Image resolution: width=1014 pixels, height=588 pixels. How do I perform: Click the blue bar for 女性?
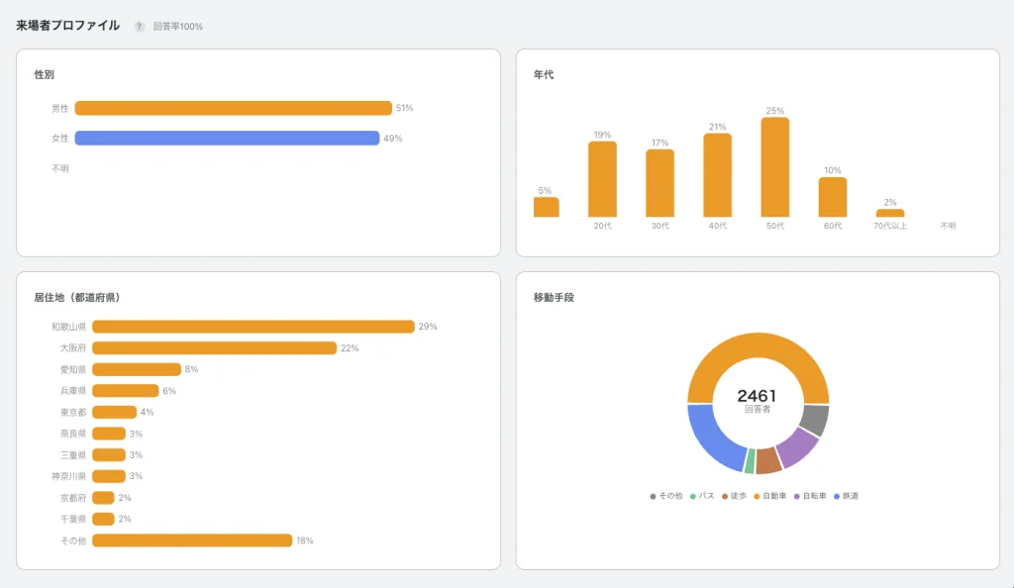tap(227, 139)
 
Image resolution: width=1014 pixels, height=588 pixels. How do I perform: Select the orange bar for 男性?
tap(234, 108)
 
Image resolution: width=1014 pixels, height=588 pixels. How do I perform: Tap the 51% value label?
tap(404, 108)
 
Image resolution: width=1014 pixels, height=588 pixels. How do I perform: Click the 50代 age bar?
tap(774, 167)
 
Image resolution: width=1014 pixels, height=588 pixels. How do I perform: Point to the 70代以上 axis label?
tap(890, 226)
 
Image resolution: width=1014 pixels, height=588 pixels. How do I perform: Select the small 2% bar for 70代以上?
tap(890, 213)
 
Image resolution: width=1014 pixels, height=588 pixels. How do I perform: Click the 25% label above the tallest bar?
tap(774, 111)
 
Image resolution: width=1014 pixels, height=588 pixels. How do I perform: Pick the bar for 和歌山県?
tap(253, 327)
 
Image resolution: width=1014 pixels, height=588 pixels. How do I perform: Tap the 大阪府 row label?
tap(73, 348)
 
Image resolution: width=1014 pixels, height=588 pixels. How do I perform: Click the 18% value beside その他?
tap(305, 540)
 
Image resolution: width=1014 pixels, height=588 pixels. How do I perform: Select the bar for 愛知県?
tap(137, 369)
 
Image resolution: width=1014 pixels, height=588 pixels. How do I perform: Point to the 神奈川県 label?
tap(68, 476)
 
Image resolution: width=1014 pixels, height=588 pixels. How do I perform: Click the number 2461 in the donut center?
tap(757, 395)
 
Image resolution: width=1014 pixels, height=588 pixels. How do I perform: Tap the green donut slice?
tap(751, 460)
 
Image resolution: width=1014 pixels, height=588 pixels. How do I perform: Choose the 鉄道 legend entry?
tap(846, 496)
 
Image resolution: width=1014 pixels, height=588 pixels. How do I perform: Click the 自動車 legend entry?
tap(770, 496)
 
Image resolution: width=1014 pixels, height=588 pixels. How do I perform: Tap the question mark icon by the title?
tap(139, 27)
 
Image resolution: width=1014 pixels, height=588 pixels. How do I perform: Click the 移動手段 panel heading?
tap(554, 297)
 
